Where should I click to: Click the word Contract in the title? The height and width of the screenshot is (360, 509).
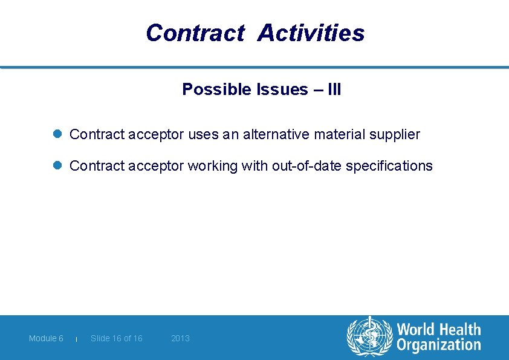[x=195, y=33]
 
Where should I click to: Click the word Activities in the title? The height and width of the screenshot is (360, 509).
[x=311, y=33]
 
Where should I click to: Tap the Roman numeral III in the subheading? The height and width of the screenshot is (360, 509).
[x=334, y=90]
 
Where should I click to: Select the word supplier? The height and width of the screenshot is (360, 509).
[x=397, y=134]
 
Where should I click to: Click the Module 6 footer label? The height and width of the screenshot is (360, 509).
[x=46, y=338]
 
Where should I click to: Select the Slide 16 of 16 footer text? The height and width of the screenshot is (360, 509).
[x=117, y=338]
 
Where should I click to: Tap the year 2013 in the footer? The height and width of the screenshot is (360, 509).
[x=180, y=338]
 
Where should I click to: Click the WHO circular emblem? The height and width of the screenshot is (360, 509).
[x=369, y=337]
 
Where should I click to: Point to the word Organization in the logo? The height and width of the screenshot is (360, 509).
[x=438, y=345]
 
